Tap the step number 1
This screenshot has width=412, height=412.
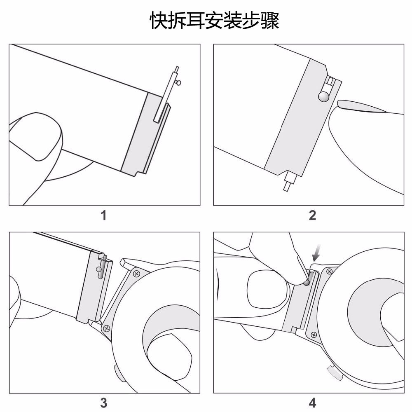click(104, 215)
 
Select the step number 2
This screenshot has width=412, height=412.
click(312, 215)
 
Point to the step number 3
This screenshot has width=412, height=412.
click(104, 403)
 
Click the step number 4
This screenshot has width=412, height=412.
click(312, 403)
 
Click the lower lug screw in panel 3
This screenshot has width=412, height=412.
click(106, 328)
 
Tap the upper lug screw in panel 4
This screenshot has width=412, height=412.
click(329, 272)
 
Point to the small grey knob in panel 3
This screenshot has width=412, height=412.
click(99, 270)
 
